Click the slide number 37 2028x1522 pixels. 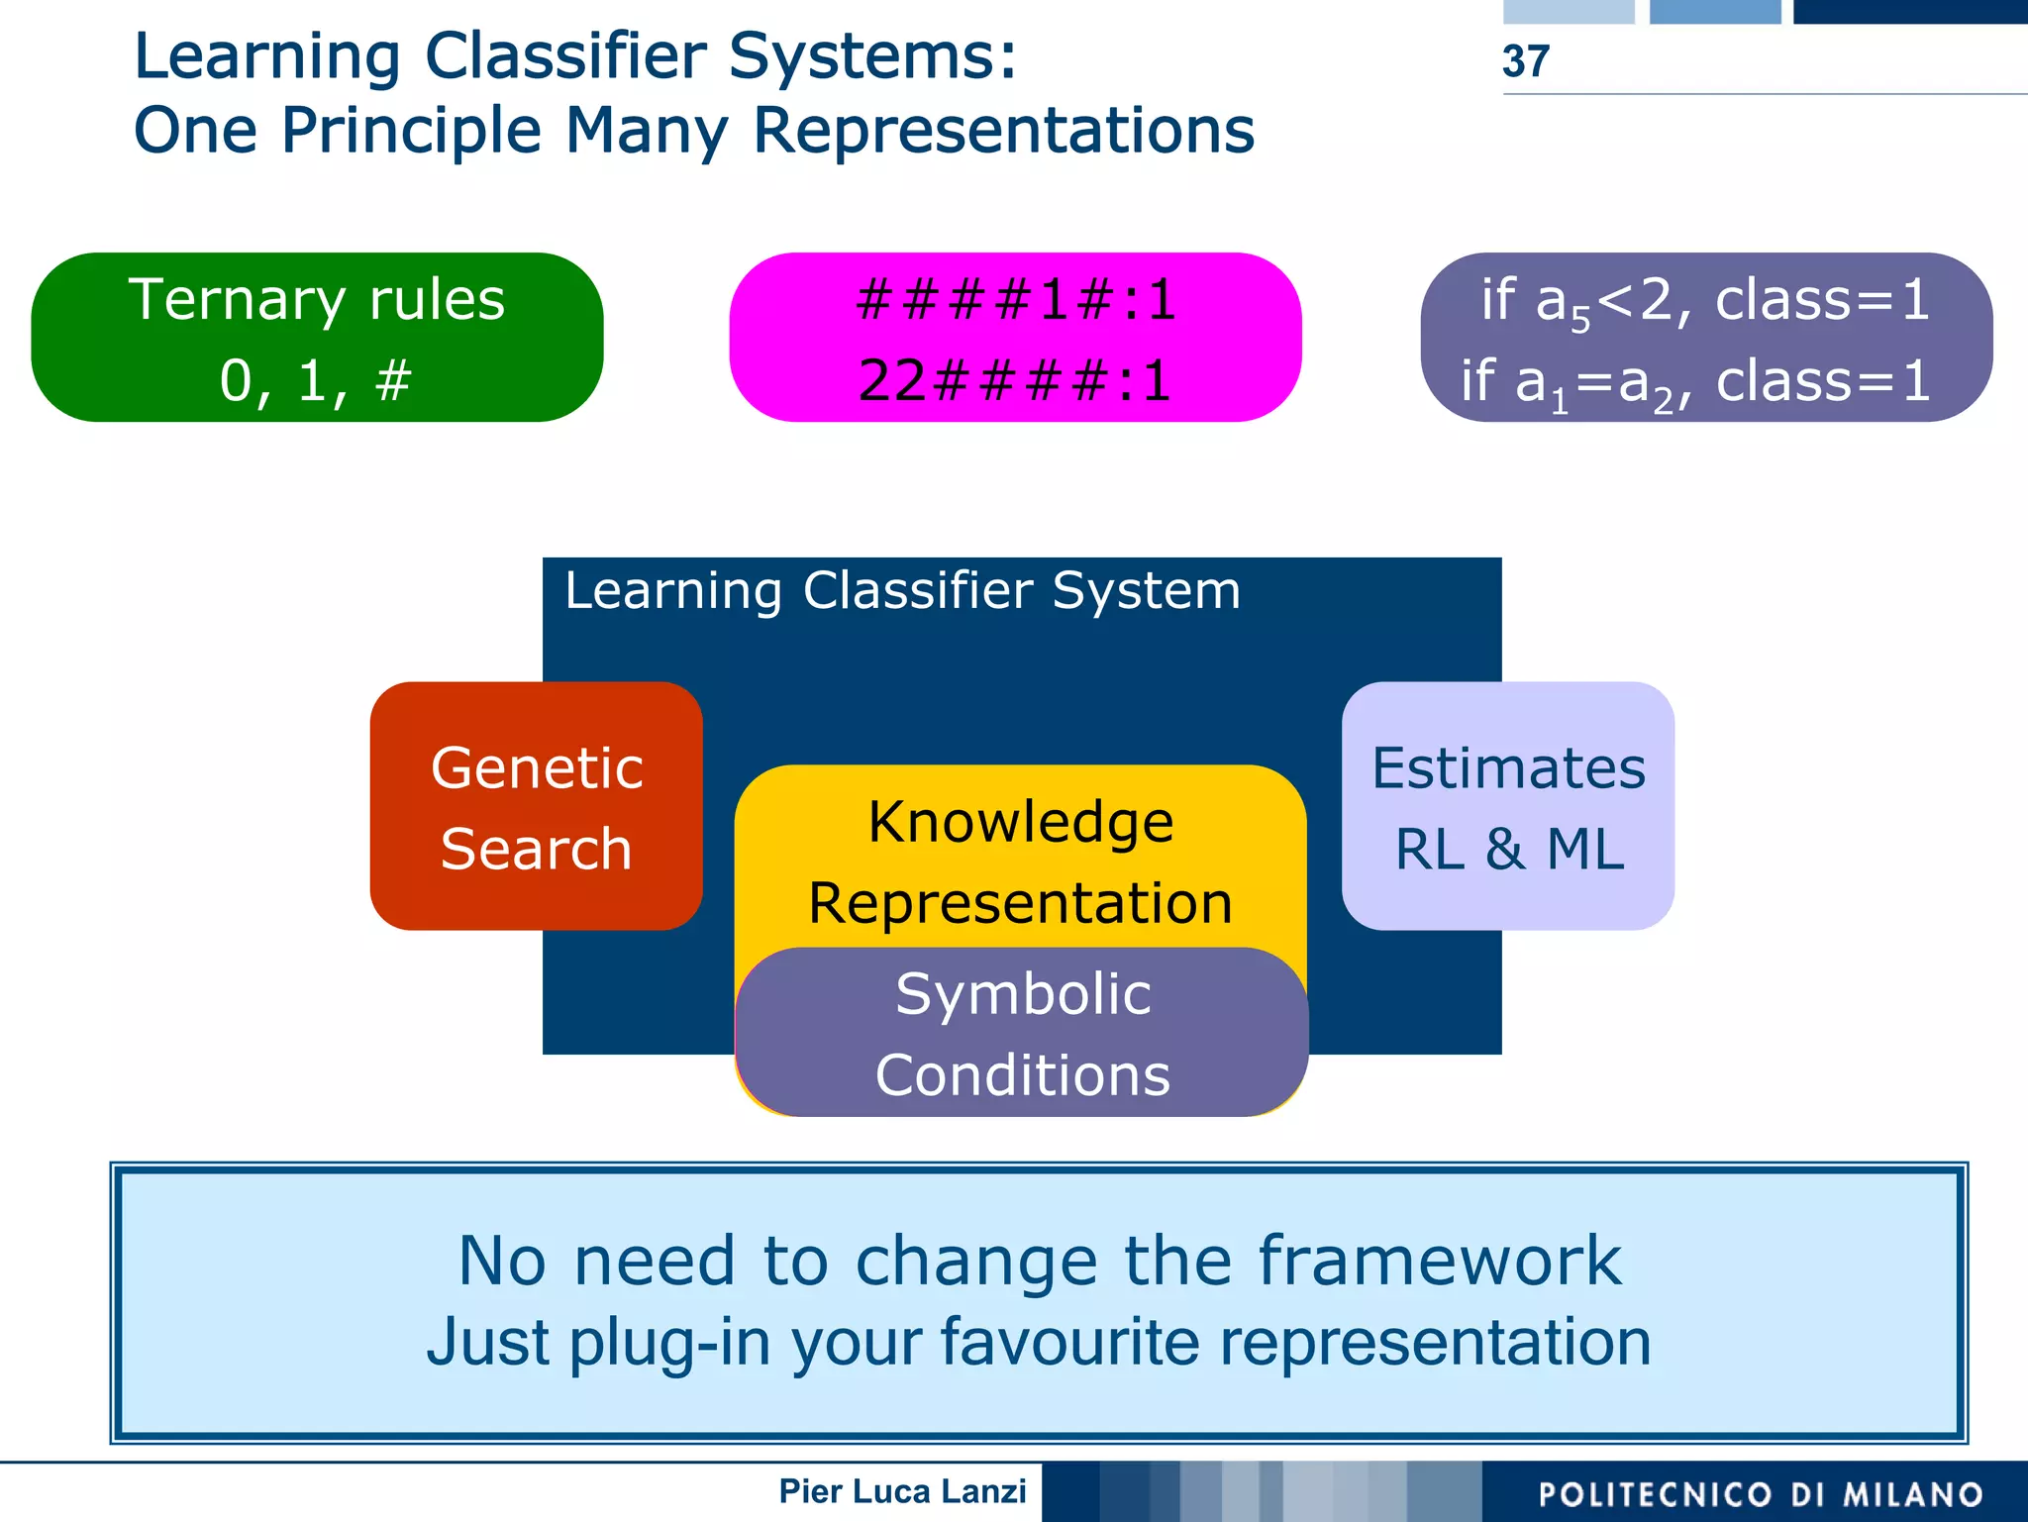click(x=1525, y=61)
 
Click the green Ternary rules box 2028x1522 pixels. click(x=317, y=337)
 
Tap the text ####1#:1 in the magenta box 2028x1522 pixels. click(x=1016, y=299)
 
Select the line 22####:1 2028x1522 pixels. click(x=1015, y=380)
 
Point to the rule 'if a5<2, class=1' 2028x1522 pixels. click(x=1705, y=300)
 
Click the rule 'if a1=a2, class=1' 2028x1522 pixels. click(x=1695, y=382)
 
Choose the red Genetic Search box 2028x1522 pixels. click(x=536, y=806)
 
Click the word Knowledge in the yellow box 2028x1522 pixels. click(x=1020, y=822)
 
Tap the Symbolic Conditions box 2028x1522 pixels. click(x=1022, y=1033)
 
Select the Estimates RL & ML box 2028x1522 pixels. click(x=1507, y=806)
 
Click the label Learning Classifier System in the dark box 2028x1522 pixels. click(x=902, y=591)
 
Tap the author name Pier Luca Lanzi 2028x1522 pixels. click(x=902, y=1491)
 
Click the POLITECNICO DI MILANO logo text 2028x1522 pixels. click(x=1761, y=1493)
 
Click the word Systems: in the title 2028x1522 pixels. click(x=871, y=55)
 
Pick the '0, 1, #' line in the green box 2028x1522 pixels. click(x=315, y=380)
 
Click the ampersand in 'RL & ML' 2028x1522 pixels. click(x=1505, y=850)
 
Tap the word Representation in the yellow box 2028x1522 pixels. click(x=1020, y=903)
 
